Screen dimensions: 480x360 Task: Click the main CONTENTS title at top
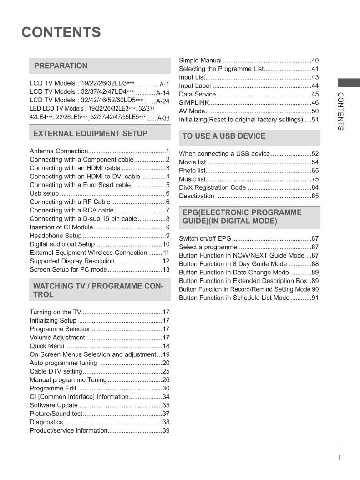pyautogui.click(x=61, y=33)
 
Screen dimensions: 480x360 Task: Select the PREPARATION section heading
pyautogui.click(x=61, y=66)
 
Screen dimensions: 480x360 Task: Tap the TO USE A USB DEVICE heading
pyautogui.click(x=223, y=136)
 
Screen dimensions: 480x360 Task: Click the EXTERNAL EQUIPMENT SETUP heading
pyautogui.click(x=90, y=133)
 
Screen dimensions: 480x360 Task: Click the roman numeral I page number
pyautogui.click(x=340, y=458)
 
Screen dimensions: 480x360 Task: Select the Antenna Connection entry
pyautogui.click(x=59, y=151)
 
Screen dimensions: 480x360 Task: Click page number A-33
pyautogui.click(x=163, y=118)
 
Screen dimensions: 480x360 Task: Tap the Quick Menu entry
pyautogui.click(x=47, y=346)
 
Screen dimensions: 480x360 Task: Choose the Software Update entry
pyautogui.click(x=54, y=405)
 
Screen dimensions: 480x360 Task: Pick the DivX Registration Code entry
pyautogui.click(x=212, y=187)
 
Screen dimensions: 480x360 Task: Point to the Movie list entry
pyautogui.click(x=192, y=162)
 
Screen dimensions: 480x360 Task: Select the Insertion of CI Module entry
pyautogui.click(x=61, y=227)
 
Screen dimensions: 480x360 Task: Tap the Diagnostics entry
pyautogui.click(x=46, y=422)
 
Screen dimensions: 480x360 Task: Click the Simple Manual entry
pyautogui.click(x=200, y=60)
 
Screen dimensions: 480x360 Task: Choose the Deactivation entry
pyautogui.click(x=196, y=196)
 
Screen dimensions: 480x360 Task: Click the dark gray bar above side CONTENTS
pyautogui.click(x=349, y=82)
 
